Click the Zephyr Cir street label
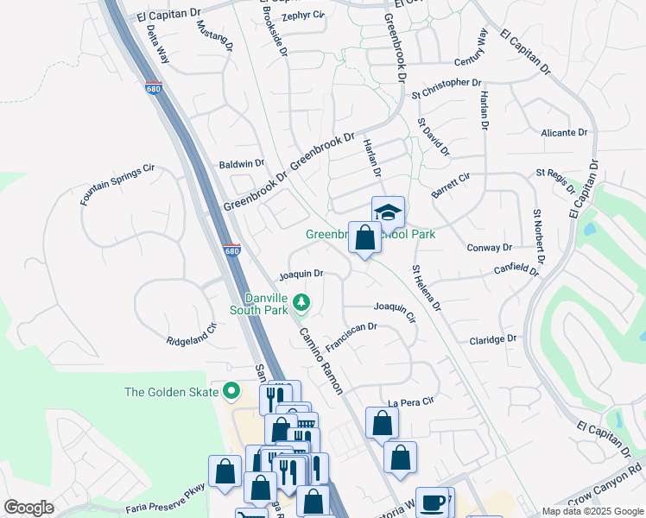(301, 15)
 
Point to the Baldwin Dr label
(241, 163)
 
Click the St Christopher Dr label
(446, 83)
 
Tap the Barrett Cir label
(451, 186)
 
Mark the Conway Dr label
(489, 247)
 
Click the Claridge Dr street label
(492, 339)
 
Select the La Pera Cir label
(409, 402)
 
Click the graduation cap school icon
(388, 211)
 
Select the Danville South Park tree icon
(301, 302)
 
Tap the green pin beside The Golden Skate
(231, 392)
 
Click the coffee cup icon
(434, 502)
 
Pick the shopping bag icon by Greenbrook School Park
(364, 237)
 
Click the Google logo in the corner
(29, 508)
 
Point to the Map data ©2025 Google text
(592, 511)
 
